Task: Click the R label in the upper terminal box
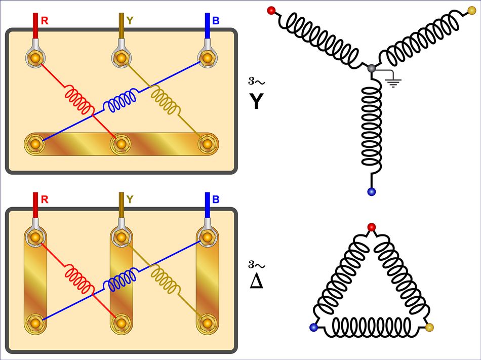tap(45, 21)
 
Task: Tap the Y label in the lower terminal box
tap(130, 199)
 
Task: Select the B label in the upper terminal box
tap(216, 21)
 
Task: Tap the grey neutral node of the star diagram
tap(372, 68)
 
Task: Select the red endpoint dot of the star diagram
tap(271, 10)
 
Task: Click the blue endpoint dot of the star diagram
tap(372, 191)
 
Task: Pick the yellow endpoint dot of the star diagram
tap(472, 10)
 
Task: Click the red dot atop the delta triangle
tap(372, 226)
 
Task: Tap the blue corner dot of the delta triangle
tap(313, 328)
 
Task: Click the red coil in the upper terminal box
tap(78, 100)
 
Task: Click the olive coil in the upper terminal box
tap(165, 101)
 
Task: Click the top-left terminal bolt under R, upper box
tap(35, 58)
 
